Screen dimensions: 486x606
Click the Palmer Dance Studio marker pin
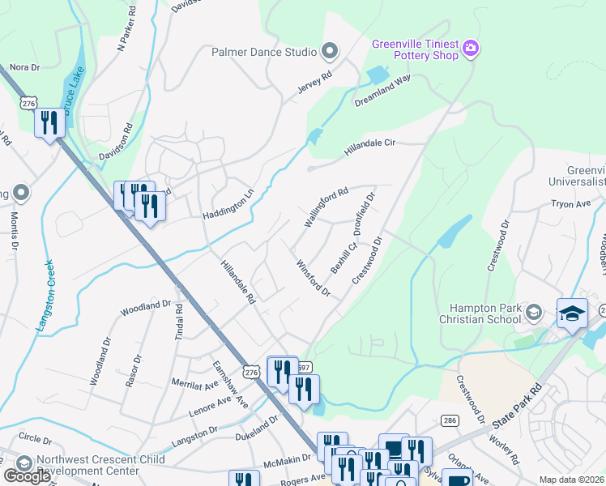pos(329,52)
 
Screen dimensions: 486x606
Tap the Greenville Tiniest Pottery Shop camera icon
pos(471,50)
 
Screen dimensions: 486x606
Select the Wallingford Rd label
pos(325,207)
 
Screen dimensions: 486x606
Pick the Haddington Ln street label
pos(228,206)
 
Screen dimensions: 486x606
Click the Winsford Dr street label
pos(313,277)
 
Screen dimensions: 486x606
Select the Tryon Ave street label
pos(571,205)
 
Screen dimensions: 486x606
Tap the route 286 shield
pos(450,420)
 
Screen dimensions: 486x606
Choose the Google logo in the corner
pos(27,475)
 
